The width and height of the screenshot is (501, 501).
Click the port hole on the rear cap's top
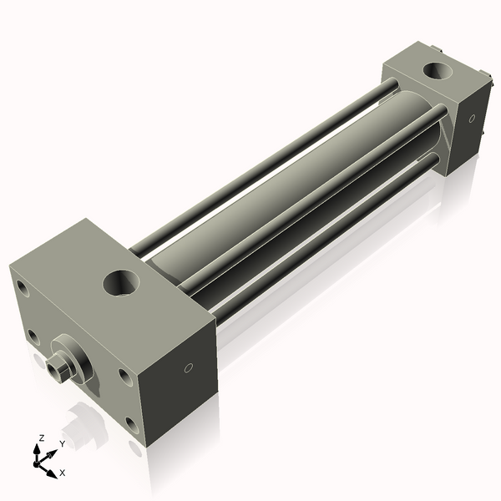pos(435,70)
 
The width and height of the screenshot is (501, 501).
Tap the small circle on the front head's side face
pos(189,367)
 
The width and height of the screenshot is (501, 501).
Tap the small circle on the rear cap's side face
pos(471,118)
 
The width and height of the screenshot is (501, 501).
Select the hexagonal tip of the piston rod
pos(59,367)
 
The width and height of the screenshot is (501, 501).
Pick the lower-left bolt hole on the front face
pos(33,336)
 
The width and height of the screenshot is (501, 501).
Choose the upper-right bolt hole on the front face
pos(124,377)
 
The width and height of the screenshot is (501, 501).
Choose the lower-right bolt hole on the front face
pos(131,424)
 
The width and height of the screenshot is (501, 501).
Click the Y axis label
pos(61,443)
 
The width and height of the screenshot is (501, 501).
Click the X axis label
pos(63,473)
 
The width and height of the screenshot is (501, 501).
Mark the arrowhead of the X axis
pos(53,468)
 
